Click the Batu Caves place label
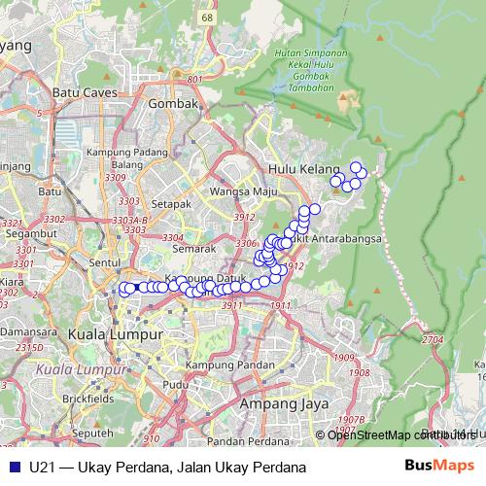85,92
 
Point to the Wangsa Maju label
245,191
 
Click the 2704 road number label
433,339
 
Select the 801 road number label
194,79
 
